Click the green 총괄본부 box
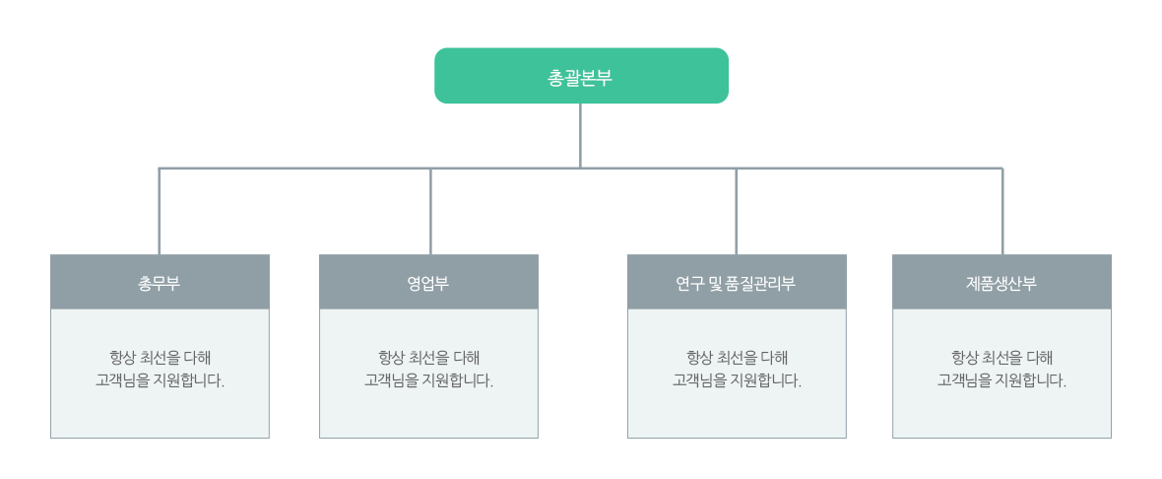click(581, 76)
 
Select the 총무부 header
click(160, 282)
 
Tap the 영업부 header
click(428, 282)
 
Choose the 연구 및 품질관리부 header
click(737, 282)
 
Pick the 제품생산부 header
click(1001, 282)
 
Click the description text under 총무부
click(161, 370)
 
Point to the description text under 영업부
click(429, 370)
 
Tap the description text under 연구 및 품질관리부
click(738, 370)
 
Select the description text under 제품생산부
click(1001, 370)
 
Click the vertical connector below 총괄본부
click(580, 136)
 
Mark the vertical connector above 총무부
click(160, 211)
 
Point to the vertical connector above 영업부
click(430, 211)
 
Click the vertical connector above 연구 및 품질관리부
click(736, 211)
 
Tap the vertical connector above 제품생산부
click(1002, 211)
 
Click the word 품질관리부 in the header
click(763, 283)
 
